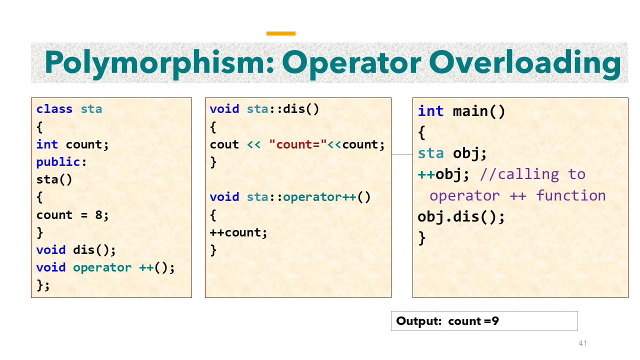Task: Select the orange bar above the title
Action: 281,33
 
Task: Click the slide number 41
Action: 582,343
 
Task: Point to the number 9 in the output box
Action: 495,321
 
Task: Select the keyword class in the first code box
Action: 54,109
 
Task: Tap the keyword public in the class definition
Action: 58,162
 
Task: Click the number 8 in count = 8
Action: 98,215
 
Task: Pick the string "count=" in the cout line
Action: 298,144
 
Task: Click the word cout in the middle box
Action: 224,144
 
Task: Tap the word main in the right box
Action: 471,111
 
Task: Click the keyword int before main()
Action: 430,111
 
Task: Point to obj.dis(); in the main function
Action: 461,217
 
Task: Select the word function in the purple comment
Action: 570,195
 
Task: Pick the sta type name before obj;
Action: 430,153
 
